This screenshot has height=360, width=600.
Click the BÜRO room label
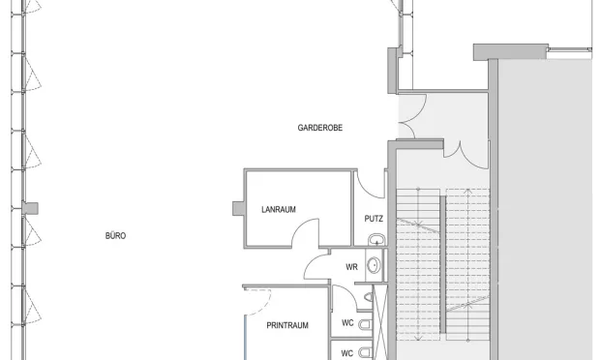coord(115,236)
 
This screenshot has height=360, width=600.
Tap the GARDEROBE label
coord(320,128)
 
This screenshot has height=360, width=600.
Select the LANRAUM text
coord(279,210)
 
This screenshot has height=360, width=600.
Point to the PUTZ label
coord(374,219)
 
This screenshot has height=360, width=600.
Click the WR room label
coord(351,267)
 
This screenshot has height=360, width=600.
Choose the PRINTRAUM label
coord(287,325)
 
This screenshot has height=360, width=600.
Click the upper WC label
coord(347,323)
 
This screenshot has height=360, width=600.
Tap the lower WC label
coord(347,353)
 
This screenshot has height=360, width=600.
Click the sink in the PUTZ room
coord(376,240)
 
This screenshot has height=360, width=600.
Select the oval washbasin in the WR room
coord(374,265)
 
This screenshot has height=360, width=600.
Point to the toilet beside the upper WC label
coord(366,325)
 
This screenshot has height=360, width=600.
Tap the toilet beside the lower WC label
coord(366,352)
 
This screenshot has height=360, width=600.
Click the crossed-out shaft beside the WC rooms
coord(379,321)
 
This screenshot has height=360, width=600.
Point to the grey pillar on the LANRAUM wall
coord(238,208)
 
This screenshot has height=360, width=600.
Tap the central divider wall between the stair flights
coord(442,264)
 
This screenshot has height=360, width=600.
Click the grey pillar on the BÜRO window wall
coord(30,208)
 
